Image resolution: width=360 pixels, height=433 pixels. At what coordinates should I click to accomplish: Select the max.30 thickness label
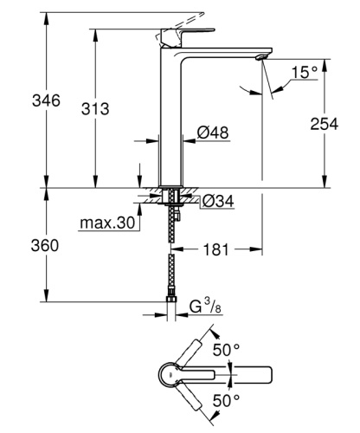click(108, 223)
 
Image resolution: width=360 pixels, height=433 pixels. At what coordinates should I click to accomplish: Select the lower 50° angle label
click(228, 401)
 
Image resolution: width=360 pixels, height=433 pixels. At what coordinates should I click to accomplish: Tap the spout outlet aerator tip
click(260, 58)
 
